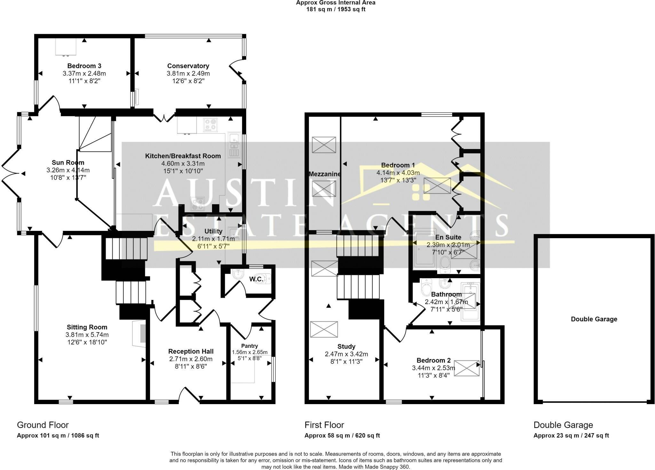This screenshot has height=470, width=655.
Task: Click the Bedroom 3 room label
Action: tap(84, 66)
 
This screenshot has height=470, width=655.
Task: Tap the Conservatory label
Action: tap(188, 66)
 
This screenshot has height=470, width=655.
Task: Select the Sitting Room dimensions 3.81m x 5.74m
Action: tap(87, 335)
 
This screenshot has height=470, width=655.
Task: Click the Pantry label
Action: tap(249, 346)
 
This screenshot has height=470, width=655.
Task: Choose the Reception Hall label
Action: tap(191, 351)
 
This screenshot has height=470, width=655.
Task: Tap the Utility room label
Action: tap(213, 231)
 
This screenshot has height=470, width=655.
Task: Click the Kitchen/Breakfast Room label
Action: tap(183, 156)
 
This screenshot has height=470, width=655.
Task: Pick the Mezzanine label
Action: tap(325, 174)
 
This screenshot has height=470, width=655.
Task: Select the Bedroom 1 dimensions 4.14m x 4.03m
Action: tap(398, 173)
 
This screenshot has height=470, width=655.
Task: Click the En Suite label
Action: tap(448, 237)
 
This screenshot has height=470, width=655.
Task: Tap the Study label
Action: tap(346, 347)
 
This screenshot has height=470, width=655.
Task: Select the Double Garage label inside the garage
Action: tap(594, 319)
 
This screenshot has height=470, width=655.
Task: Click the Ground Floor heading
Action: tap(43, 425)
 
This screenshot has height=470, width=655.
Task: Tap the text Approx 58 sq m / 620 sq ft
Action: tap(342, 435)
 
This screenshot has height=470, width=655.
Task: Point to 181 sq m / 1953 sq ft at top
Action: tap(336, 9)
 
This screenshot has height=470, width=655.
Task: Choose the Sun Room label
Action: tap(68, 163)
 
